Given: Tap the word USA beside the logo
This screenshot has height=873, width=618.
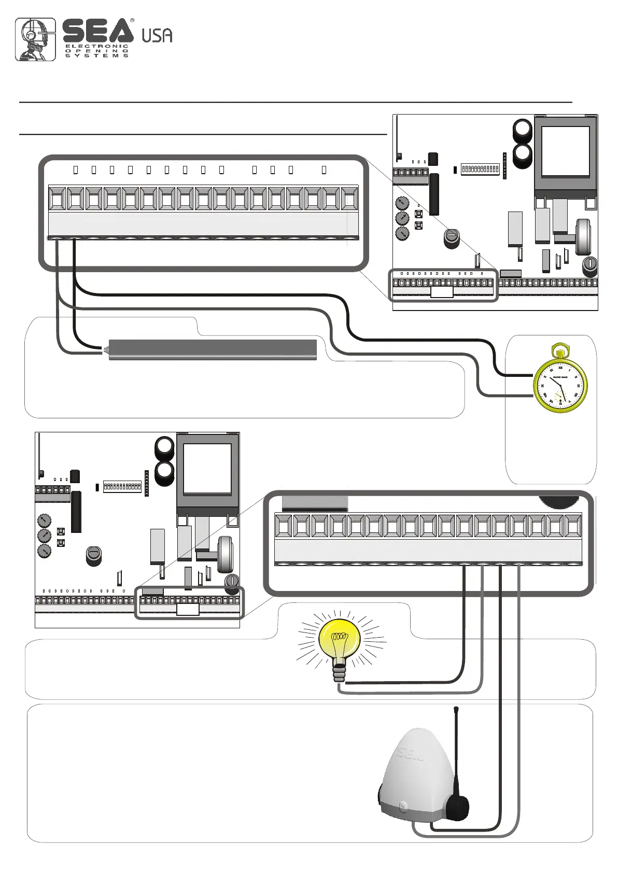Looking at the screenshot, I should [157, 35].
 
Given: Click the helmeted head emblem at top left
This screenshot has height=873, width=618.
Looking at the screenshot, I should [35, 39].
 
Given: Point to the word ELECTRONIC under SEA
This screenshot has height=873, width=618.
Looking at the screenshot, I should [96, 46].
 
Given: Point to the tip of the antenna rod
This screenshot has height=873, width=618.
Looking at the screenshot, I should [456, 708].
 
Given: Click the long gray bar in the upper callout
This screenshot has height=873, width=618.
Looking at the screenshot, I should [213, 350].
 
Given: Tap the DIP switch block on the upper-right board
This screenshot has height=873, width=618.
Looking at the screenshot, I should [480, 169].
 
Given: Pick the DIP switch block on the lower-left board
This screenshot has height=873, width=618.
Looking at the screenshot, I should [122, 486].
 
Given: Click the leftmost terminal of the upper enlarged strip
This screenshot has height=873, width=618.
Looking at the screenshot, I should [57, 199].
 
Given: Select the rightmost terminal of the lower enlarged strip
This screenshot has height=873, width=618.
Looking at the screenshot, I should [572, 526].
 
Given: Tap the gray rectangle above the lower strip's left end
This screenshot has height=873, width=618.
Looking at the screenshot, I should [315, 503].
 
